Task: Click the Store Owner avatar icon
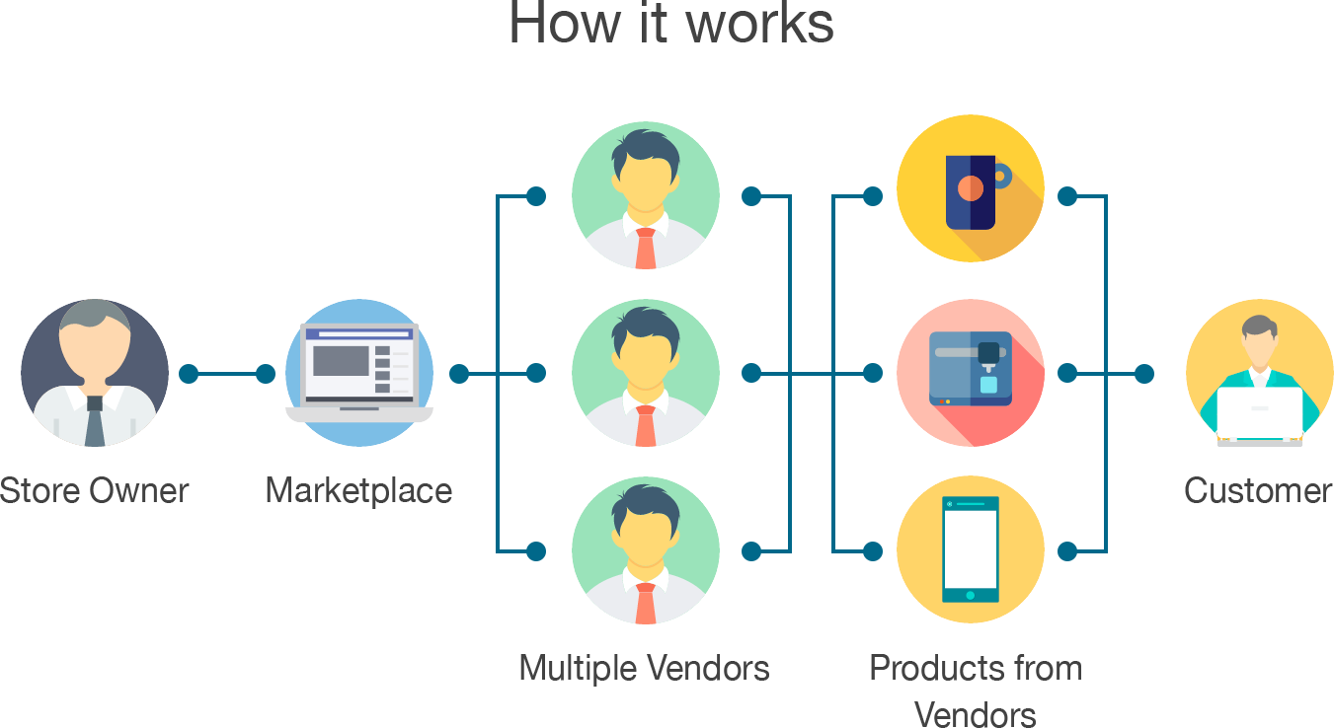point(95,373)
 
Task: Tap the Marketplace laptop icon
point(359,373)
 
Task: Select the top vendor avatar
point(646,195)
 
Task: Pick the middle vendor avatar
point(646,373)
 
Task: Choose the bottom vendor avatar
point(646,550)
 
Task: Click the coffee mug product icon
point(971,188)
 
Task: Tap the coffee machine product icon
point(971,373)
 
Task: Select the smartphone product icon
point(971,550)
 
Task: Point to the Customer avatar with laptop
point(1259,373)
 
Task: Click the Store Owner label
point(95,490)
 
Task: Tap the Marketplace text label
point(359,490)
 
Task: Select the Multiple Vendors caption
point(645,669)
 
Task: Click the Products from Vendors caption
point(975,691)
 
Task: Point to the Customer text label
point(1259,490)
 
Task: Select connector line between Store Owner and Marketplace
point(227,374)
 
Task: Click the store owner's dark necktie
point(95,421)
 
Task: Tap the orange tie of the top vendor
point(646,249)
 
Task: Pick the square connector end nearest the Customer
point(1144,374)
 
